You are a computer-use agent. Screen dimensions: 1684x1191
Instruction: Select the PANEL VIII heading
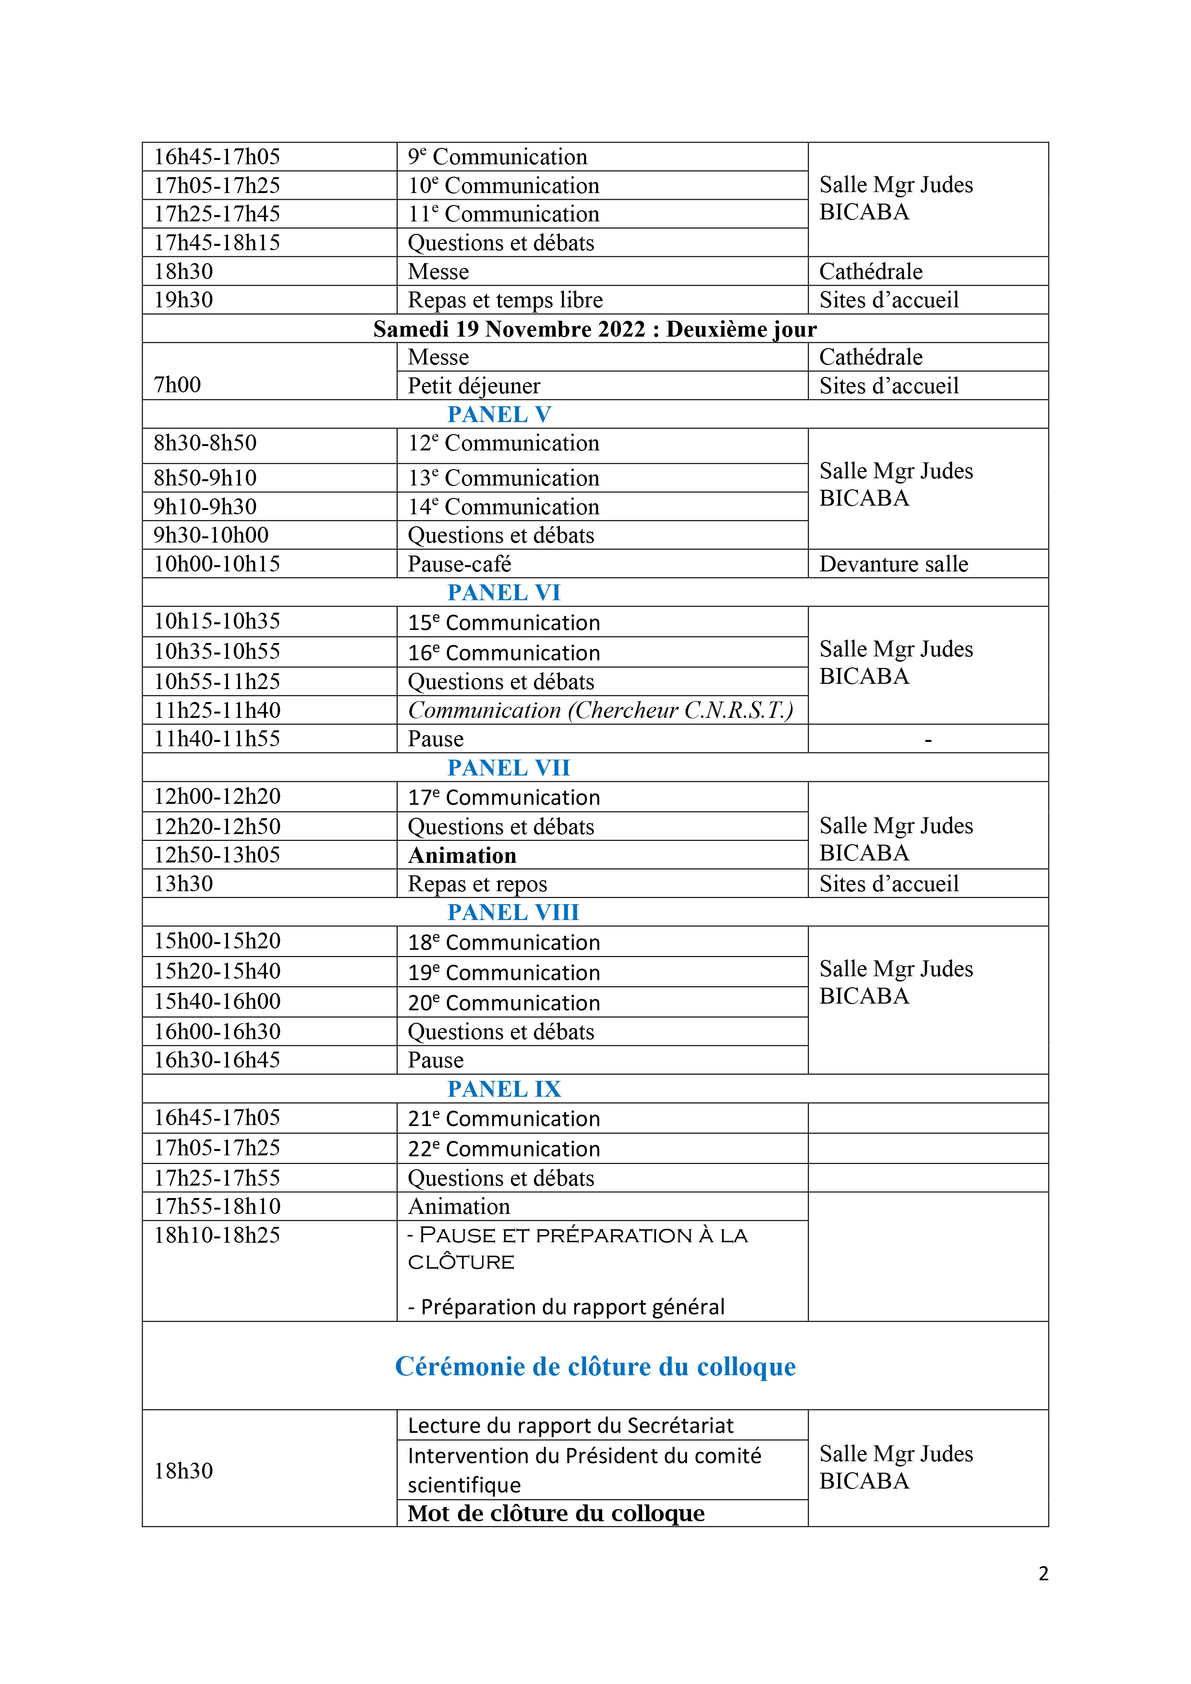pyautogui.click(x=512, y=912)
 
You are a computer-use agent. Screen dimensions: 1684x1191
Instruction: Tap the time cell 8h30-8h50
pyautogui.click(x=206, y=443)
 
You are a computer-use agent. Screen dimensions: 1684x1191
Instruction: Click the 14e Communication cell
pyautogui.click(x=503, y=507)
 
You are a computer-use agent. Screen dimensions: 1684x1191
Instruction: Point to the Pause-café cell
pyautogui.click(x=459, y=564)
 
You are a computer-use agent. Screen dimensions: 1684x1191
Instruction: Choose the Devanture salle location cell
pyautogui.click(x=893, y=564)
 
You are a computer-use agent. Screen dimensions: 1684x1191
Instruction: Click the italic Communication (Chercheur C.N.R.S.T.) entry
pyautogui.click(x=600, y=710)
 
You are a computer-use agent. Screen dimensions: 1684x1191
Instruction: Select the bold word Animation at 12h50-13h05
pyautogui.click(x=462, y=855)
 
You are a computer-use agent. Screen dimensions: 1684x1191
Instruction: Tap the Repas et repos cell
pyautogui.click(x=477, y=884)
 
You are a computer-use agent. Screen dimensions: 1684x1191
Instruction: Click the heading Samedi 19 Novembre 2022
pyautogui.click(x=595, y=328)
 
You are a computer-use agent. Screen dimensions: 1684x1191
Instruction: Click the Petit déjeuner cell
pyautogui.click(x=474, y=386)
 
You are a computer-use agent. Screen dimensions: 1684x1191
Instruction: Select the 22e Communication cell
pyautogui.click(x=504, y=1149)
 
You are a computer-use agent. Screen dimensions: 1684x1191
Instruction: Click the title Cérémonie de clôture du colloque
pyautogui.click(x=595, y=1367)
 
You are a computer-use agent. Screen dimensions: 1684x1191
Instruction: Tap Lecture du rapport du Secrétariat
pyautogui.click(x=570, y=1425)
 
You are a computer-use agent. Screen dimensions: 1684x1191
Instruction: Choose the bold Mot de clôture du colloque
pyautogui.click(x=556, y=1513)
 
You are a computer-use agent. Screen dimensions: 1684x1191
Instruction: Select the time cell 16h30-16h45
pyautogui.click(x=217, y=1060)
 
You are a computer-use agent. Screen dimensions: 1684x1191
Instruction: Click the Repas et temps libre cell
pyautogui.click(x=505, y=300)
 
